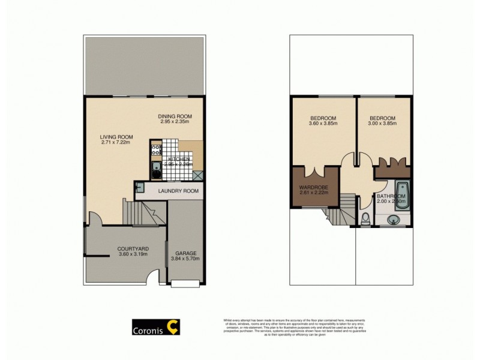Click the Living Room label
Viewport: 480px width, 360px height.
tap(116, 137)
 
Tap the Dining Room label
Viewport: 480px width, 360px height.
tap(175, 116)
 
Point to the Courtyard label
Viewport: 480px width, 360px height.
tap(133, 248)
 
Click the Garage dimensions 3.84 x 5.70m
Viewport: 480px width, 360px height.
tap(185, 259)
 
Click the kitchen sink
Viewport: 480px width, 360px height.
tap(155, 169)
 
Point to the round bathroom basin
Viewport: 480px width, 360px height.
tap(393, 220)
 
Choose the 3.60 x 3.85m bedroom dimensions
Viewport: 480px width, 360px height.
tap(323, 124)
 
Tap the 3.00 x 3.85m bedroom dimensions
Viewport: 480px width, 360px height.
tap(383, 124)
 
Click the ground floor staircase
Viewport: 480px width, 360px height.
tap(142, 213)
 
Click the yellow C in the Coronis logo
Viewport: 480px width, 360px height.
tap(173, 327)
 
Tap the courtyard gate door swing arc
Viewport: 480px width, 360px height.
tap(153, 277)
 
